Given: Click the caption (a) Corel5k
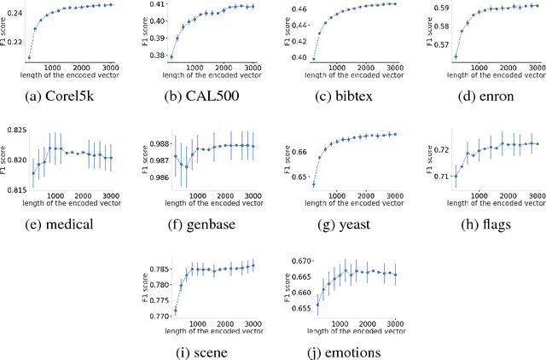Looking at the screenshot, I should pos(68,95).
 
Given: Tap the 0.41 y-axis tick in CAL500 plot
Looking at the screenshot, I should pos(155,5).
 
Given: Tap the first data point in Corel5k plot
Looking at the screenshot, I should pos(28,57).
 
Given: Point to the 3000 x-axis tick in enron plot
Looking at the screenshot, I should pos(533,67).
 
